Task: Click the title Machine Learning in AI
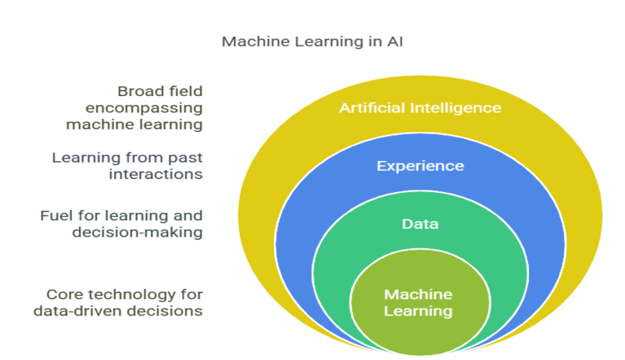coord(312,42)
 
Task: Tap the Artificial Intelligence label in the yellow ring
coord(420,108)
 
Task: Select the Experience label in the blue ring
coord(420,166)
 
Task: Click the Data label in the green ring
coord(420,224)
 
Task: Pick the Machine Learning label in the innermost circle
coord(418,303)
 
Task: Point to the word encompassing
coord(144,109)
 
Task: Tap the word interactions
coord(155,174)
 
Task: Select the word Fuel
coord(57,216)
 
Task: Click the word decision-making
coord(137,232)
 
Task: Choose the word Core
coord(65,294)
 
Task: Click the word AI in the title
coord(395,42)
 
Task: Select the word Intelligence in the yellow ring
coord(455,108)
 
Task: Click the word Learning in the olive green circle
coord(418,311)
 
